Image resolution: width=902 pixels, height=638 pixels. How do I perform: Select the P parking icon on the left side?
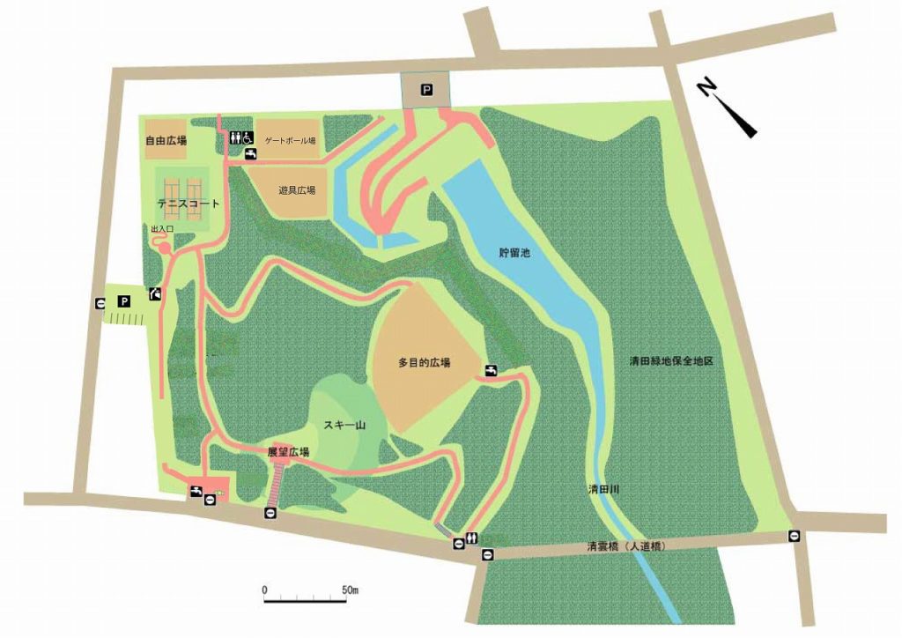point(124,301)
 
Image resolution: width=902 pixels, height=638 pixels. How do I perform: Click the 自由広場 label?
point(166,140)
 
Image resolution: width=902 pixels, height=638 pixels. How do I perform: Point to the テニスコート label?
point(188,204)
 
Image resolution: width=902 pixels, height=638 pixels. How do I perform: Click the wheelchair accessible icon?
point(248,137)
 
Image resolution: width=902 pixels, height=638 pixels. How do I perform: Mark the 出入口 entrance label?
point(162,229)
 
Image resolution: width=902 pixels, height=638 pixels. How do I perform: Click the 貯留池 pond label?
point(514,253)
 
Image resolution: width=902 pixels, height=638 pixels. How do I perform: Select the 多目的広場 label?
point(424,362)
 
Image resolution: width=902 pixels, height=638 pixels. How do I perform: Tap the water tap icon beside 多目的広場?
point(491,371)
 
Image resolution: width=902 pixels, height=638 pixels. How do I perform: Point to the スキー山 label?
point(344,426)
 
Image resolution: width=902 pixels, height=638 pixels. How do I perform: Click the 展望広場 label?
point(288,452)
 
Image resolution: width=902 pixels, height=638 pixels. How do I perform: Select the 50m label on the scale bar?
point(350,589)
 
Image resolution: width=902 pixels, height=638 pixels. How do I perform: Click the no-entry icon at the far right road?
point(795,535)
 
